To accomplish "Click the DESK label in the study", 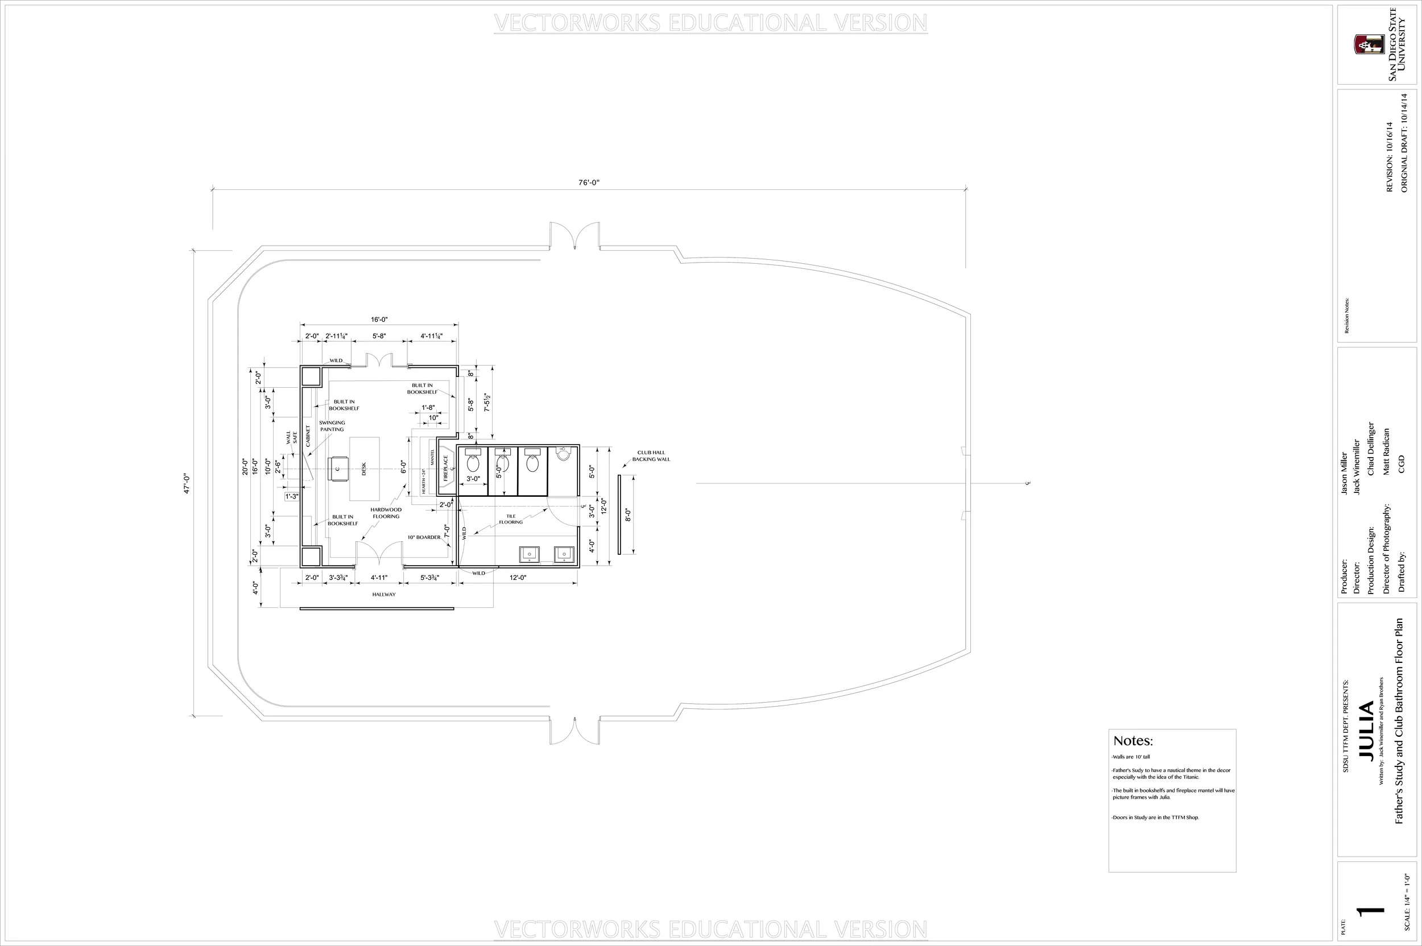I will point(363,468).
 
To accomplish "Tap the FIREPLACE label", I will point(446,467).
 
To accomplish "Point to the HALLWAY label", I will point(384,594).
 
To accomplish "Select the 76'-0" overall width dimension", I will point(589,182).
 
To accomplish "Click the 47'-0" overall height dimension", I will point(187,484).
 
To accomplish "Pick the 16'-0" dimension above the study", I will point(379,319).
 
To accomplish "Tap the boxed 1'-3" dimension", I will point(292,496).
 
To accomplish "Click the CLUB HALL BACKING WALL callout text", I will point(651,455).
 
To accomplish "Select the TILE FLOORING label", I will point(511,519).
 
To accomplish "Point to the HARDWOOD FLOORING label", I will point(386,513).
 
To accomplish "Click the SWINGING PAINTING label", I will point(332,426).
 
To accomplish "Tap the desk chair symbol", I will point(337,468).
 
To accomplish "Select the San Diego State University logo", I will point(1369,44).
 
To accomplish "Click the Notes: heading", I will point(1133,741).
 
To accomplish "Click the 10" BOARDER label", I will point(424,537).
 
